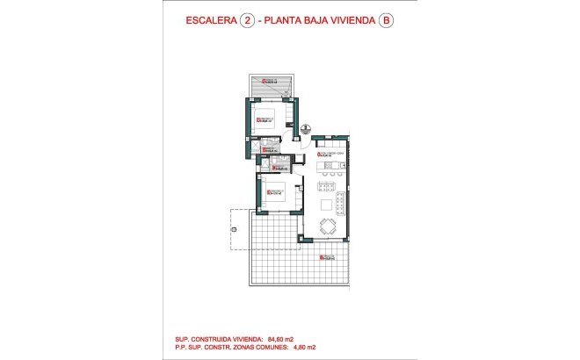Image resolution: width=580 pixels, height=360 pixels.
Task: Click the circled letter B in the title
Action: (x=384, y=24)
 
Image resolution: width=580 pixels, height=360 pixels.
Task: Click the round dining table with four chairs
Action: (x=328, y=227)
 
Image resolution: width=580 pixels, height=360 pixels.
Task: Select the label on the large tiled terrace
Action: (x=327, y=256)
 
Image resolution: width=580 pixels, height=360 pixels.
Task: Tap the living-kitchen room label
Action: (x=330, y=155)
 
